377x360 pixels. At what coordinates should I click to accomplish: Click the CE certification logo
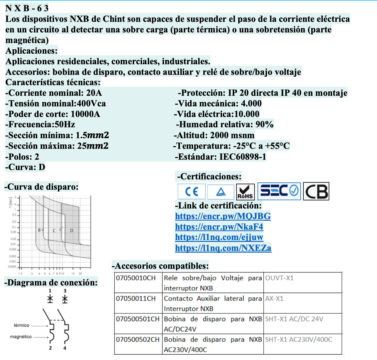point(192,192)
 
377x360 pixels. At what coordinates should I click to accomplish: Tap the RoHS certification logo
point(245,192)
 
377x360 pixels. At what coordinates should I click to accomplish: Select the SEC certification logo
point(279,191)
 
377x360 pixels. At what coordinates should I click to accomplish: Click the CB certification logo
point(316,191)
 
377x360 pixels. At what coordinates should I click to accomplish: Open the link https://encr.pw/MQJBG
point(223,216)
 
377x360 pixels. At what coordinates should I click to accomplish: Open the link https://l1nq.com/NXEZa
point(223,248)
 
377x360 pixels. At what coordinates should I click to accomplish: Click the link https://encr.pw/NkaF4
point(219,227)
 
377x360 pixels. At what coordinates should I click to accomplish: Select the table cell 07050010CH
point(135,278)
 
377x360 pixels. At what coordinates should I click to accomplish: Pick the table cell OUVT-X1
point(279,278)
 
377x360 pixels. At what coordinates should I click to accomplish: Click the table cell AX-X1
point(274,298)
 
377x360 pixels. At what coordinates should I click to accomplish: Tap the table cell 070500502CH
point(138,339)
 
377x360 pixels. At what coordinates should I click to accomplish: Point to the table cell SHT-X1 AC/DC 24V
point(294,319)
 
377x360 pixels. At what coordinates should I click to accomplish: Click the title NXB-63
point(27,8)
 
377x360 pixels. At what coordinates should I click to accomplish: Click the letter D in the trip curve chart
point(72,230)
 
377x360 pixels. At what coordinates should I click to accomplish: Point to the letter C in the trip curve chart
point(54,230)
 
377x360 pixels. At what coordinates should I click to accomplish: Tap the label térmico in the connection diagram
point(22,325)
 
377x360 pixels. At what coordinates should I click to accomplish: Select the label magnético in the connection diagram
point(21,337)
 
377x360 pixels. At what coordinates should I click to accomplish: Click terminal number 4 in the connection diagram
point(65,348)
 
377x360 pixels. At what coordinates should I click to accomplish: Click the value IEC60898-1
point(242,157)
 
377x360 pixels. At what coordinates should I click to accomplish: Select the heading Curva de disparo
point(42,187)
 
